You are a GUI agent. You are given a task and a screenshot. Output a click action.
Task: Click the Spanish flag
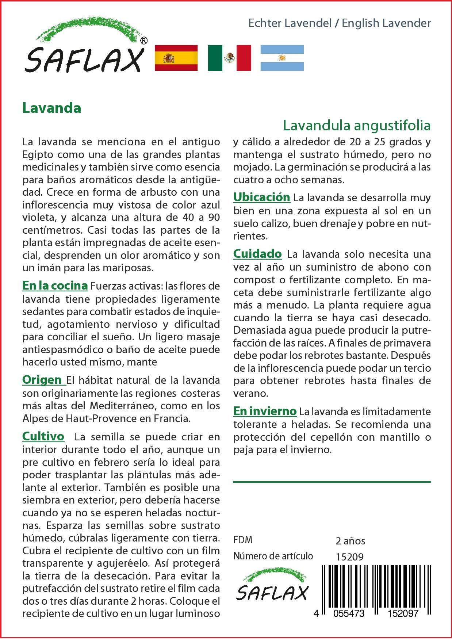coord(176,58)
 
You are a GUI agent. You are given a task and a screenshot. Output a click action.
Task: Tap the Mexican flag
coord(229,58)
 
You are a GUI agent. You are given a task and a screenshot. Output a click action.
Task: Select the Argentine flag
coord(282,58)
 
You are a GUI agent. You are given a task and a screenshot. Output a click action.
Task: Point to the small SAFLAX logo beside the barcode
coord(272,588)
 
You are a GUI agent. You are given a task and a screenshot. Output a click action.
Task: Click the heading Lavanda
coord(51,108)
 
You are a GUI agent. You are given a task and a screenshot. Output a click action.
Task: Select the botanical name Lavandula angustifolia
coord(357,125)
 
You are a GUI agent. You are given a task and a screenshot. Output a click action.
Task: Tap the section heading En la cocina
coord(55,286)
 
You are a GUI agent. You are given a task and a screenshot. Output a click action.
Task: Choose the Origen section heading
coord(42,380)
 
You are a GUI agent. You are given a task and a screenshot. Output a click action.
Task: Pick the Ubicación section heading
coord(261,197)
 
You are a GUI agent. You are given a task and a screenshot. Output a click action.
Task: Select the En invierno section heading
coord(265,411)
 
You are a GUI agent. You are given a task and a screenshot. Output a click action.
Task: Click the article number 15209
coord(349,557)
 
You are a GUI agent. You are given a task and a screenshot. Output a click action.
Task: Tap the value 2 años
coord(350,541)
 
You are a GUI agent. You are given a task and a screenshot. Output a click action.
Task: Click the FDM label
coord(243,540)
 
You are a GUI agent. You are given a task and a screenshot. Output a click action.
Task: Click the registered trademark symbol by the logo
coord(144,41)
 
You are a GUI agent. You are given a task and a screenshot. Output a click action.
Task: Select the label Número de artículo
coord(273,556)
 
